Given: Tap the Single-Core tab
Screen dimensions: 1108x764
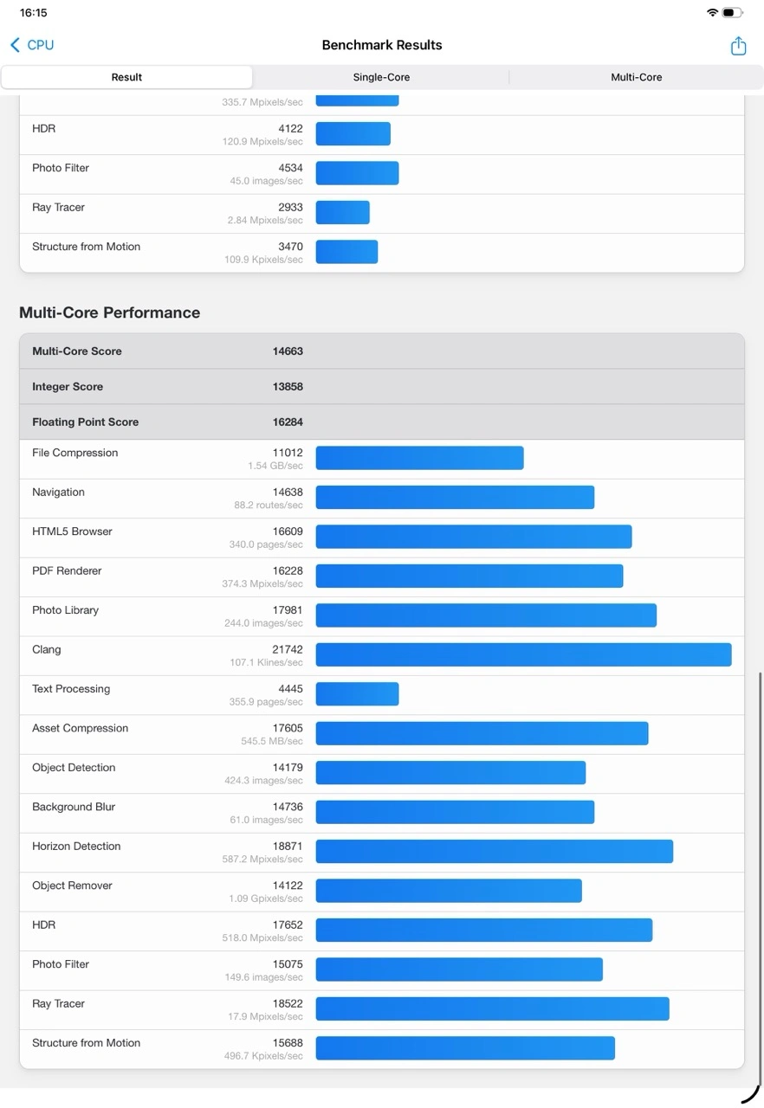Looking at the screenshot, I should tap(381, 77).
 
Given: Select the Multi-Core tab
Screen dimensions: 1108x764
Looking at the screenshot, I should tap(636, 77).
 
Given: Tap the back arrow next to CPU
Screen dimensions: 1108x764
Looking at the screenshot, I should tap(15, 45).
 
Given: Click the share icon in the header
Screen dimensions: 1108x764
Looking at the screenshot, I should tap(738, 46).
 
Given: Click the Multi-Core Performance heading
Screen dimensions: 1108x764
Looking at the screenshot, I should tap(109, 312).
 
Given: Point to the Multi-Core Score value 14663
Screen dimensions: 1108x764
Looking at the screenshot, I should tap(288, 351).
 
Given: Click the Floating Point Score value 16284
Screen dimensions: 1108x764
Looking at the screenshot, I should tap(288, 422).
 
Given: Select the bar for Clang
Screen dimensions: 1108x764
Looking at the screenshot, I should tap(523, 654).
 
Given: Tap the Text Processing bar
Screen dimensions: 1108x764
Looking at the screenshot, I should tap(357, 694).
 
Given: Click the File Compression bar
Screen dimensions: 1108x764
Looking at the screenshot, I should tap(419, 458).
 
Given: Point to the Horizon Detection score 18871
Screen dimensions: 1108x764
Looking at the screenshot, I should tap(288, 847).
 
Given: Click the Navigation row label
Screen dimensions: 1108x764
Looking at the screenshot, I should tap(58, 493).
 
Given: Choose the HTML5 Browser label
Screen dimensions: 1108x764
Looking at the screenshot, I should tap(72, 531).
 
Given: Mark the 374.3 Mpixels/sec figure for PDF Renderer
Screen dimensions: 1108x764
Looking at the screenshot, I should tap(262, 584).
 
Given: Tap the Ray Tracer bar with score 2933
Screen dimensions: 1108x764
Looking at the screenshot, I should tap(342, 213).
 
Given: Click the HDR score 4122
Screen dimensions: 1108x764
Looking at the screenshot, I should tap(290, 129).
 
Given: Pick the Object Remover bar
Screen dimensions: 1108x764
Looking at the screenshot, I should tap(449, 891).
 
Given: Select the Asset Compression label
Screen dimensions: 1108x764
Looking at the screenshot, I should tap(80, 728).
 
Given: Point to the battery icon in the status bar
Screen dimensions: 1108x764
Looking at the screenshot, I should tap(732, 13).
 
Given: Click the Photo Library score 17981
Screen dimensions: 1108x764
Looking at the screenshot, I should tap(288, 610).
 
